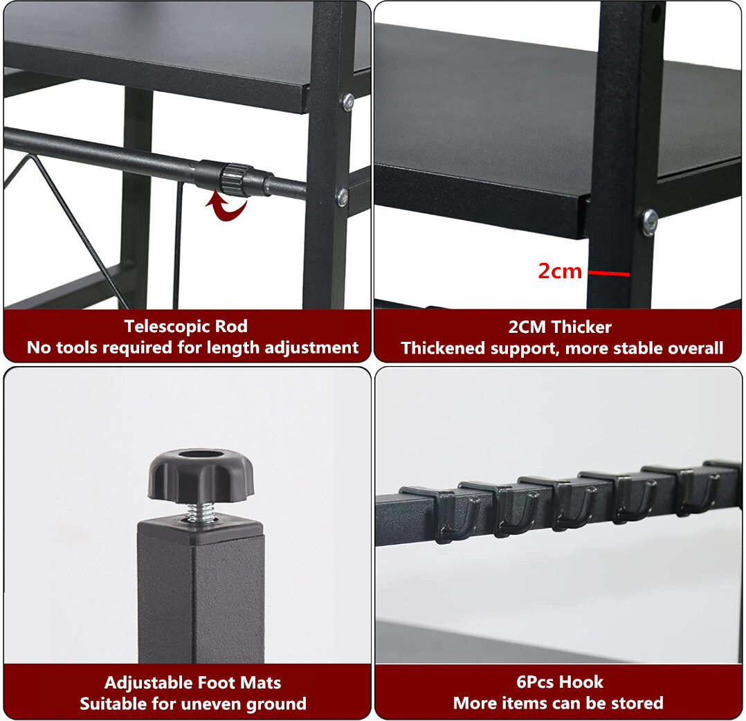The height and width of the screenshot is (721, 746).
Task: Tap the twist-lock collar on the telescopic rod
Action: point(223,178)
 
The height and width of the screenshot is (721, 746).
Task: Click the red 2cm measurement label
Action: point(560,271)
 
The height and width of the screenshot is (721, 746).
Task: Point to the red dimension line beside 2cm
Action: point(609,273)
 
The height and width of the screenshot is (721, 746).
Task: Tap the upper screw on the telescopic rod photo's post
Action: point(347,102)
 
